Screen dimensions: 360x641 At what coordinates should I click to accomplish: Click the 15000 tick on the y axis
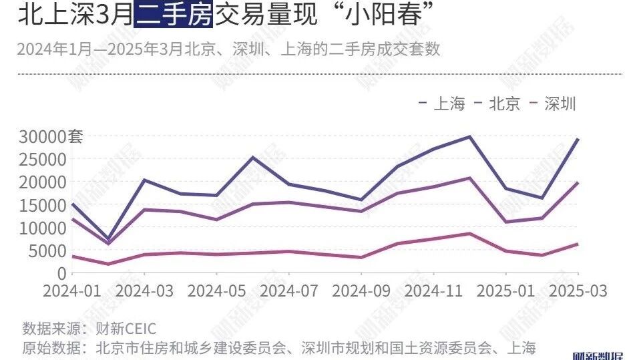pyautogui.click(x=41, y=205)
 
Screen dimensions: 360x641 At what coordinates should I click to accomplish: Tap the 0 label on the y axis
pyautogui.click(x=62, y=273)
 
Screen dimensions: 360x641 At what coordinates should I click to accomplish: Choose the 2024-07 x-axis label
pyautogui.click(x=288, y=292)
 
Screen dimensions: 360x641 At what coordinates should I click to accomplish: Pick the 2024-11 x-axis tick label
pyautogui.click(x=433, y=292)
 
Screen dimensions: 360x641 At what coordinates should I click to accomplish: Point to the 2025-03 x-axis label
pyautogui.click(x=578, y=292)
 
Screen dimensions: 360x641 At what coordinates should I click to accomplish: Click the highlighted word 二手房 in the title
pyautogui.click(x=174, y=14)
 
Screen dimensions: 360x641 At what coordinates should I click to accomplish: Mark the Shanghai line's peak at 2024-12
pyautogui.click(x=469, y=137)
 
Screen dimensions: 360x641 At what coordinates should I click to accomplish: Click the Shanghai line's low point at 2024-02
pyautogui.click(x=108, y=238)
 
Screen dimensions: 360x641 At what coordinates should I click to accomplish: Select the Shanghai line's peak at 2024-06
pyautogui.click(x=252, y=158)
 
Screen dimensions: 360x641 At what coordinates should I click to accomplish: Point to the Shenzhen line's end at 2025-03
pyautogui.click(x=578, y=244)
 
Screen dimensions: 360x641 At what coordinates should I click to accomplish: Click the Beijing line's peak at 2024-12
pyautogui.click(x=469, y=178)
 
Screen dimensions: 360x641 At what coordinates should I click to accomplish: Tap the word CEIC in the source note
pyautogui.click(x=138, y=329)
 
